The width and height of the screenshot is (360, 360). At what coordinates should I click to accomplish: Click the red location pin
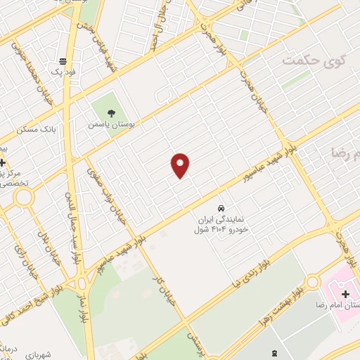point(181,165)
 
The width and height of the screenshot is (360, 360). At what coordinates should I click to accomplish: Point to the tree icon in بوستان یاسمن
point(110,112)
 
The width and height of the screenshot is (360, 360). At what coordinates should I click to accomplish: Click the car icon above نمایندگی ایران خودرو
point(221,209)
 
